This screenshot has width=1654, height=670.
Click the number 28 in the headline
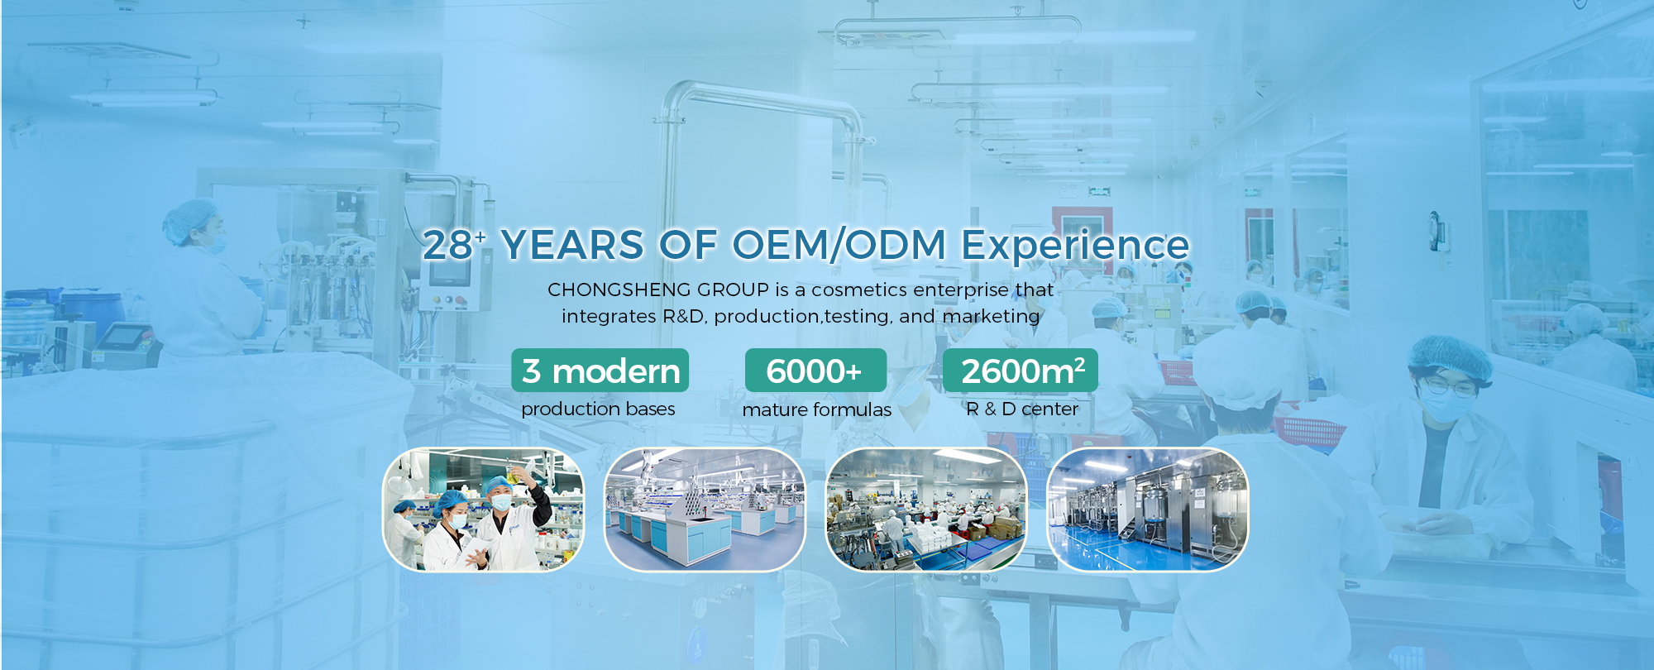[447, 245]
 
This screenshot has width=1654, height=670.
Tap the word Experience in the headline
[1075, 246]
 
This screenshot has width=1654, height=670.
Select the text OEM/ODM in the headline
[839, 245]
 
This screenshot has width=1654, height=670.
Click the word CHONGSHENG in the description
[617, 290]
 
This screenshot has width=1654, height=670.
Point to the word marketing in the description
[991, 316]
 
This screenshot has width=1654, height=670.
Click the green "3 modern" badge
[600, 371]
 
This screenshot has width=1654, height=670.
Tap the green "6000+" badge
[815, 371]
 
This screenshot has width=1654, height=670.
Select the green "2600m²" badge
[1021, 371]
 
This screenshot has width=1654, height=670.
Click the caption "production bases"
[598, 409]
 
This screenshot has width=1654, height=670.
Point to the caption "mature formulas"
[817, 409]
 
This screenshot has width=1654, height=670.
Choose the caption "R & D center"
[1022, 409]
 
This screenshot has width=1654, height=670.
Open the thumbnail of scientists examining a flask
[484, 510]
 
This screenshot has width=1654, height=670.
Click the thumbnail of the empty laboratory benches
[705, 510]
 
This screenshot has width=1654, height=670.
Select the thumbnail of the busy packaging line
[926, 510]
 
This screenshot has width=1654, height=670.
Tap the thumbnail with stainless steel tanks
[1148, 510]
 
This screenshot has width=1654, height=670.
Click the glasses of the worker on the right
[1450, 387]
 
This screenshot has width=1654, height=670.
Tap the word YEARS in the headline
[572, 245]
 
